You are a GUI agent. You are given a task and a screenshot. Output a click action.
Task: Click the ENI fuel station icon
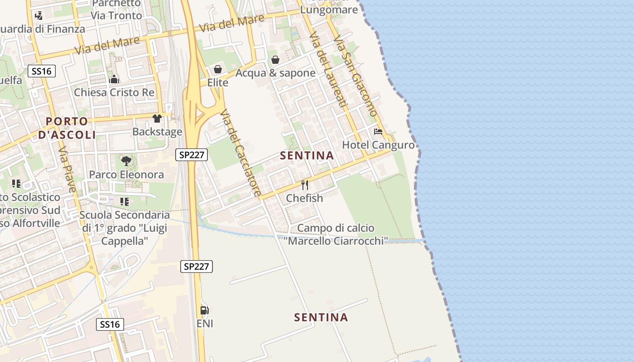point(205,310)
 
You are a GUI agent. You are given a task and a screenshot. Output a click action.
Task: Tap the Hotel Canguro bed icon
point(378,132)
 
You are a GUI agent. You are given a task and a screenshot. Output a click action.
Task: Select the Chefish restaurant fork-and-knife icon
point(305,185)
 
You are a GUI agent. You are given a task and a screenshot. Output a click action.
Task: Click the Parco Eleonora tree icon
point(126,161)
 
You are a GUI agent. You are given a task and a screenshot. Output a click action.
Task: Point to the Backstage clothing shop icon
point(157,119)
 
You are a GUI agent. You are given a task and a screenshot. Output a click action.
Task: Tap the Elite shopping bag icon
point(217,69)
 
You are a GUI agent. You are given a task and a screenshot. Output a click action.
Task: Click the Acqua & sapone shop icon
point(275,59)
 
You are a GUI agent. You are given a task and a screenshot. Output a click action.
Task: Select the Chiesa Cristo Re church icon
point(114,79)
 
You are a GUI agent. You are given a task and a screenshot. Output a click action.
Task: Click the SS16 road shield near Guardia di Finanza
point(42,71)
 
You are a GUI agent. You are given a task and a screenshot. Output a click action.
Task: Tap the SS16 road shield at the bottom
point(110,324)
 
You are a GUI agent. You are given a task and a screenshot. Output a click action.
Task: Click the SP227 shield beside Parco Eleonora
point(192,155)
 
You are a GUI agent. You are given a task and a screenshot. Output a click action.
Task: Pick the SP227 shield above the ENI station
point(197,267)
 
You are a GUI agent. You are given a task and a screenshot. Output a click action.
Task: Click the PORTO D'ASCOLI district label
point(67,128)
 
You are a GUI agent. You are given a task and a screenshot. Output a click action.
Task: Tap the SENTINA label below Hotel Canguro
point(307,156)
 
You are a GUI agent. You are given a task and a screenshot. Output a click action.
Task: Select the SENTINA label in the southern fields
point(321,318)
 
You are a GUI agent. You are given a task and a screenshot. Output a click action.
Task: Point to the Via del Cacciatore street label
point(240,153)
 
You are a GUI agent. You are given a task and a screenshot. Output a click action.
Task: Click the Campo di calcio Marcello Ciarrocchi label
point(336,234)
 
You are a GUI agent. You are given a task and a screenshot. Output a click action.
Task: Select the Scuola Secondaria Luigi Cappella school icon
point(125,201)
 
